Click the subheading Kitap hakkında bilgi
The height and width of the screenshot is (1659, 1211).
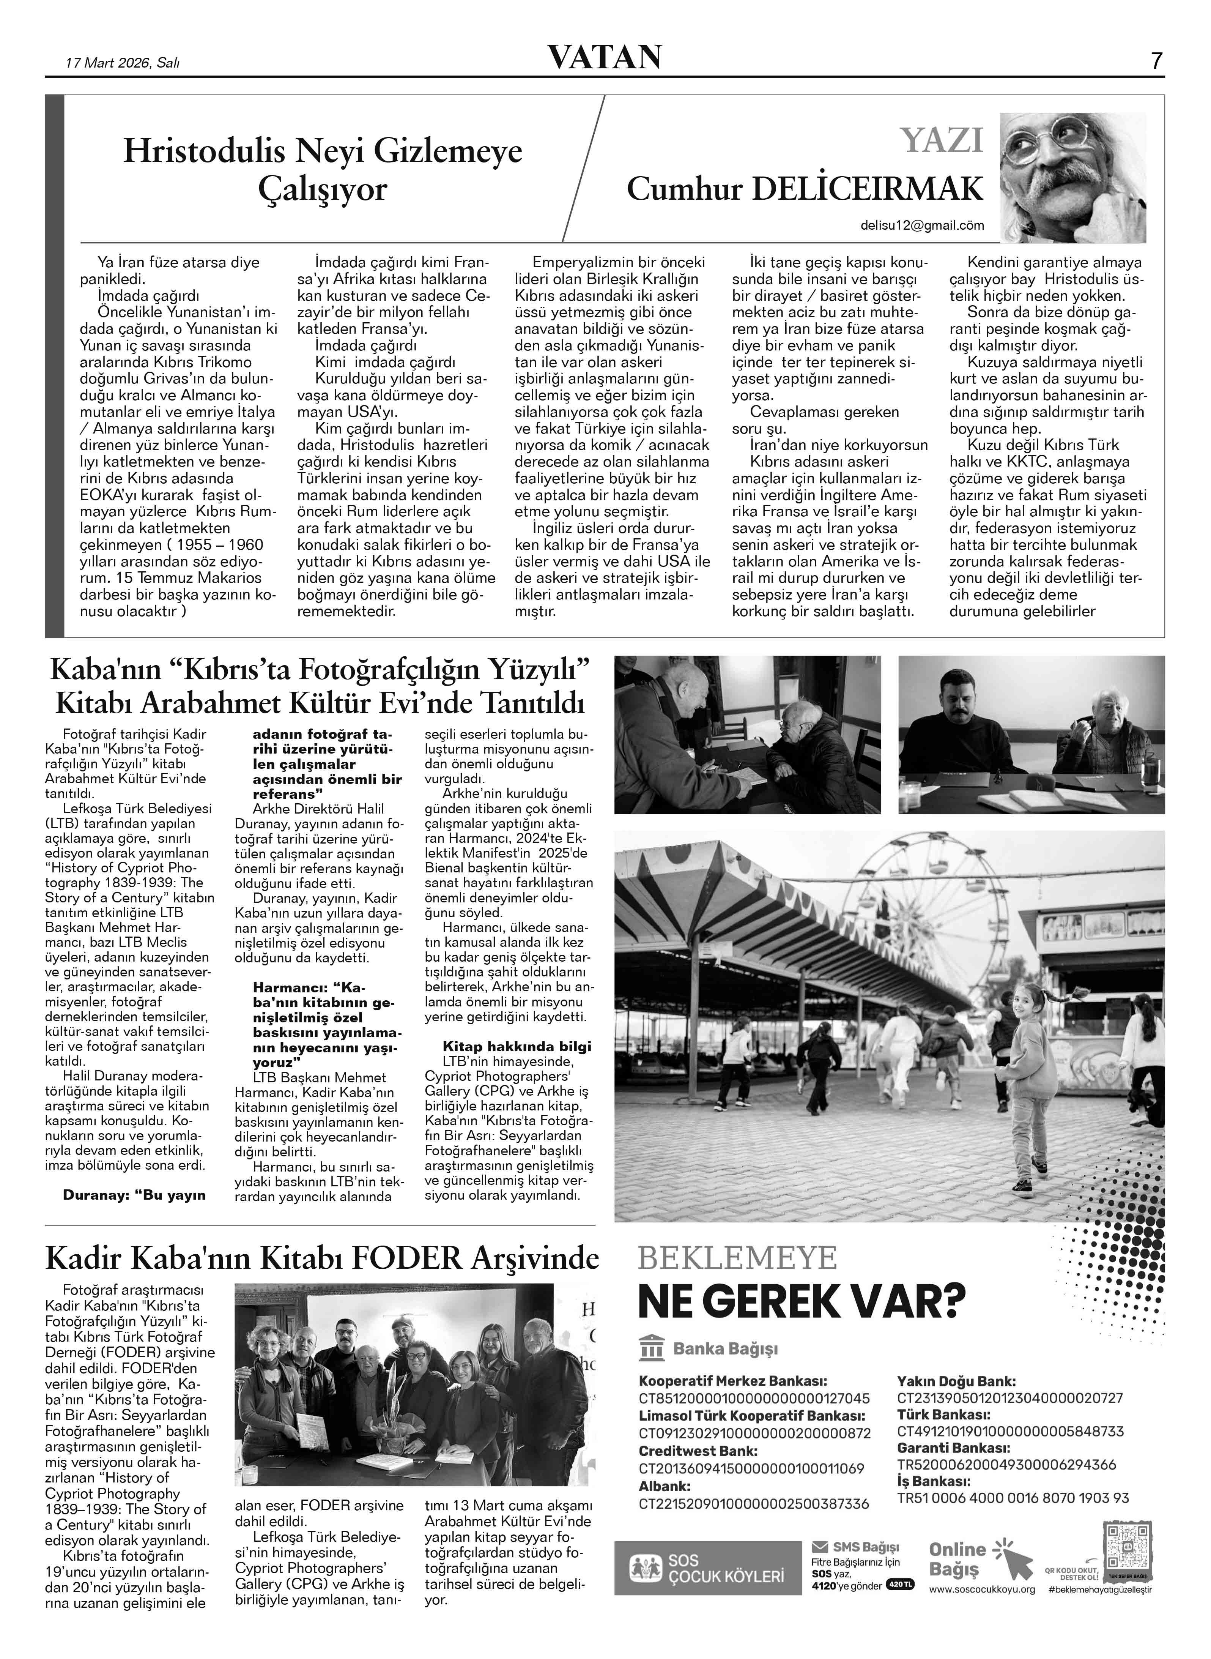click(x=517, y=1046)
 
